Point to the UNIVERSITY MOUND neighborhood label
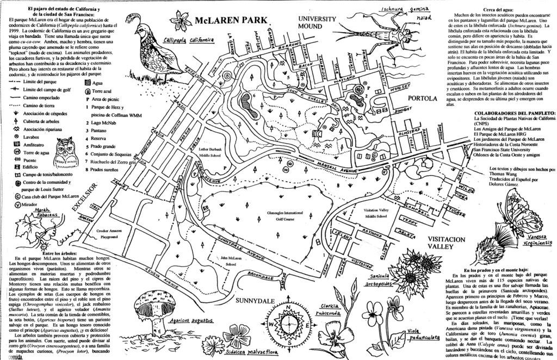(317, 22)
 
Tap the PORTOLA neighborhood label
(422, 98)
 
